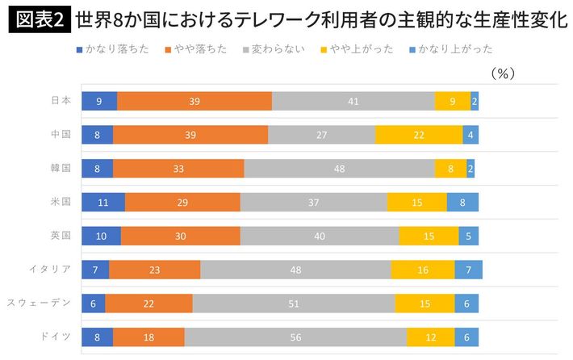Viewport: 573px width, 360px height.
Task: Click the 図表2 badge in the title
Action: point(39,20)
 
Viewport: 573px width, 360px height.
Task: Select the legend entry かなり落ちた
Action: point(115,49)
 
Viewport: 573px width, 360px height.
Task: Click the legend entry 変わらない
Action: point(278,49)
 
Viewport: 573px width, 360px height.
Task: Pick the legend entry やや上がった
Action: point(360,49)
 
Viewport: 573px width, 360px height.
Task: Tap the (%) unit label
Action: point(502,73)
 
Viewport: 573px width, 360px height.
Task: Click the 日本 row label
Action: point(61,101)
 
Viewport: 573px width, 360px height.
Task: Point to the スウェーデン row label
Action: point(40,303)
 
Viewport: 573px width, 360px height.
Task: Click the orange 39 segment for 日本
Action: point(194,101)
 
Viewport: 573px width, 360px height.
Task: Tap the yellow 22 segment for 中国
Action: point(419,135)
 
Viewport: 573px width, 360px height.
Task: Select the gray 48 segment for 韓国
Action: point(339,169)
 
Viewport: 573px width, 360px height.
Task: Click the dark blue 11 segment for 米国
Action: point(103,202)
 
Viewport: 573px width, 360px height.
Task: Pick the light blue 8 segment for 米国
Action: point(462,202)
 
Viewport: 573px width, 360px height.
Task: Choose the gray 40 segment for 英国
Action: point(319,236)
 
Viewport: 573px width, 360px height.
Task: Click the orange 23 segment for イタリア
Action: point(155,270)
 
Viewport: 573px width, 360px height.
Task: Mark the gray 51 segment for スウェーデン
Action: point(294,303)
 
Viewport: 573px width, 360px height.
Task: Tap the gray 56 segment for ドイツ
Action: point(295,337)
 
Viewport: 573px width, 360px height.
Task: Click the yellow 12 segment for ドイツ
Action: point(431,337)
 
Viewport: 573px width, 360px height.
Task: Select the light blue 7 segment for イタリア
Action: point(469,270)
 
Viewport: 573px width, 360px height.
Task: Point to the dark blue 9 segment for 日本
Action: point(99,101)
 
